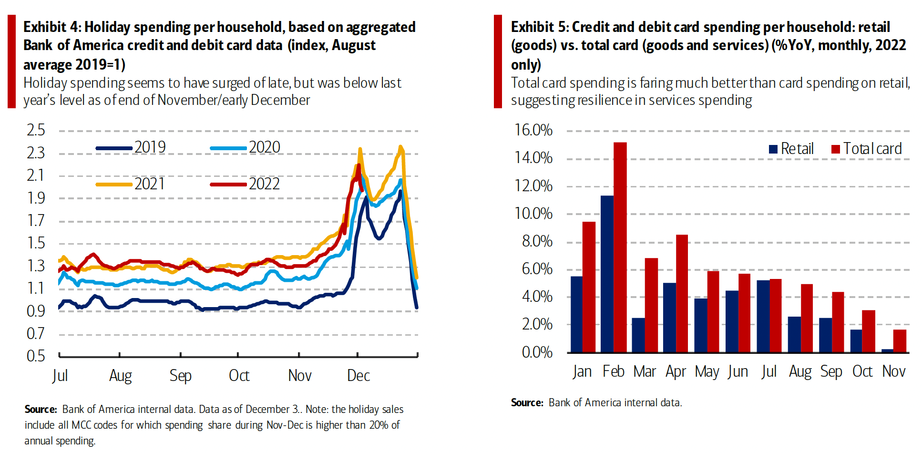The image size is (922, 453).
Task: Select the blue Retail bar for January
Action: pos(576,314)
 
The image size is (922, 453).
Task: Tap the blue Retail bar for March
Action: pos(638,335)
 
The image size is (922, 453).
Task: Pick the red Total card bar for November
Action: pos(900,341)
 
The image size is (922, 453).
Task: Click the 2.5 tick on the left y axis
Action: pos(36,130)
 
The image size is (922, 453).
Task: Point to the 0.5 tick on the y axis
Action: pos(36,356)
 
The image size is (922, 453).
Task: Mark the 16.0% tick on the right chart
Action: pos(533,130)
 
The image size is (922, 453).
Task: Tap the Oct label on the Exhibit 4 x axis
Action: pos(239,376)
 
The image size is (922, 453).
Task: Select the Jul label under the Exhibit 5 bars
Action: pos(769,371)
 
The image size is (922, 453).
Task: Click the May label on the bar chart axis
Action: pos(707,371)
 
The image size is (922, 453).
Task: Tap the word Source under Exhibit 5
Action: pos(527,403)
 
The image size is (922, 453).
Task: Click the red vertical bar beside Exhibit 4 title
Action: pos(11,62)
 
